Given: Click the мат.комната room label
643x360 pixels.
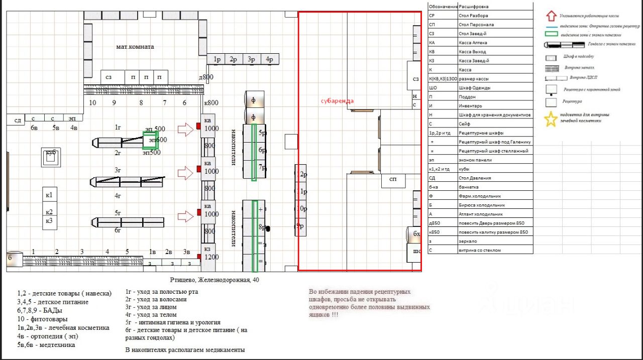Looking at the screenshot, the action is pyautogui.click(x=135, y=47).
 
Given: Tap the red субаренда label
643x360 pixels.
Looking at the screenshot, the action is pyautogui.click(x=337, y=101).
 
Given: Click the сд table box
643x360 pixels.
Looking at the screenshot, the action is pyautogui.click(x=18, y=120).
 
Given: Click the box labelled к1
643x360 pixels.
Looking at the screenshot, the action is pyautogui.click(x=49, y=195).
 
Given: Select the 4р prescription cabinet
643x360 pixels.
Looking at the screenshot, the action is pyautogui.click(x=269, y=59).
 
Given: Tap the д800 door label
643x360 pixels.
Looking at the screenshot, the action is pyautogui.click(x=206, y=77).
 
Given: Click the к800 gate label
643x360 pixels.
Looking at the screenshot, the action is pyautogui.click(x=211, y=103).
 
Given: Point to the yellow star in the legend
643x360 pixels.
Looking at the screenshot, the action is pyautogui.click(x=551, y=119).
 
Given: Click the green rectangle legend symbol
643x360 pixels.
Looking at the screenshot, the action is pyautogui.click(x=553, y=34).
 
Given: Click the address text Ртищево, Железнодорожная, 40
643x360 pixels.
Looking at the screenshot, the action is pyautogui.click(x=215, y=279).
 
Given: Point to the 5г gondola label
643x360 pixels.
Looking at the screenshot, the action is pyautogui.click(x=118, y=213).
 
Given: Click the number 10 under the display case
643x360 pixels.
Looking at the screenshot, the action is pyautogui.click(x=92, y=103).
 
